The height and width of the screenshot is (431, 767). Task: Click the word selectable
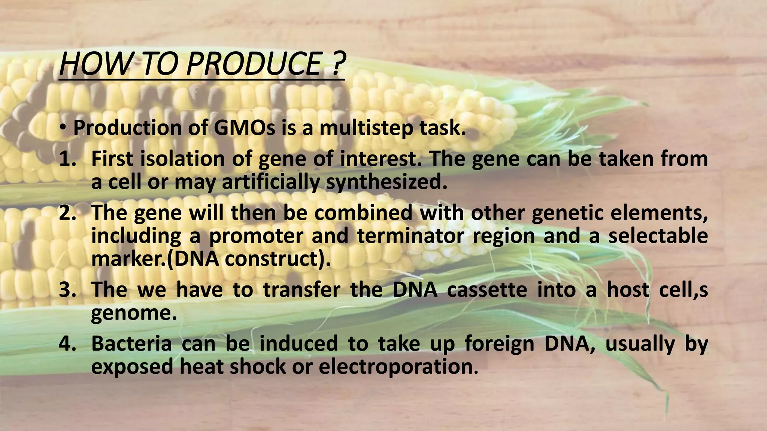point(658,236)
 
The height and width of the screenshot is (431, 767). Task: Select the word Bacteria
point(131,343)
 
